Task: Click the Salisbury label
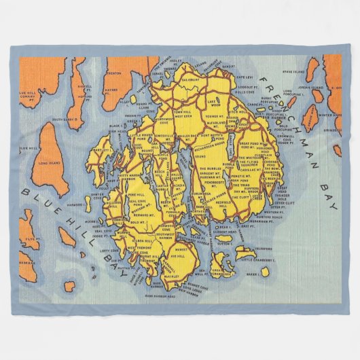click(x=191, y=79)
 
